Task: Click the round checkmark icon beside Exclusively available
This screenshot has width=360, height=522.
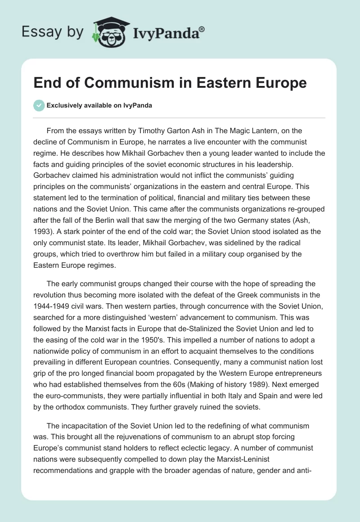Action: point(39,105)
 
